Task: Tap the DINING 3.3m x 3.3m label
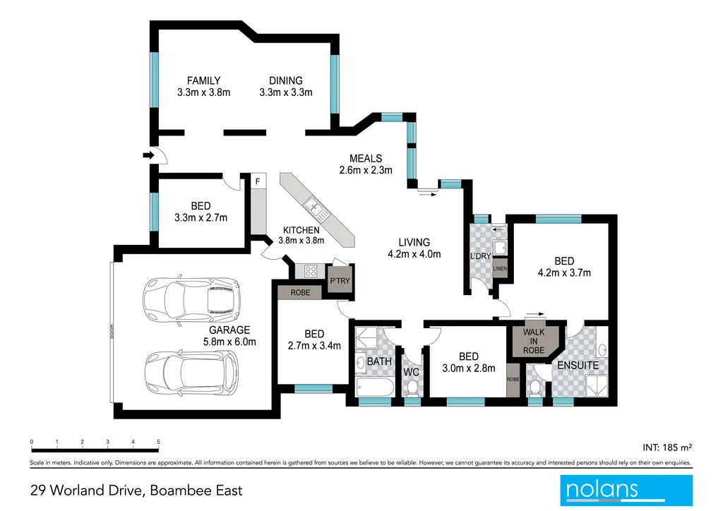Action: tap(285, 86)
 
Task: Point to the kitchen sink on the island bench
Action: tap(313, 208)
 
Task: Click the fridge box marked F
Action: tap(258, 181)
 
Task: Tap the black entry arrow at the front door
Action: tap(148, 155)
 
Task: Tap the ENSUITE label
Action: tap(578, 366)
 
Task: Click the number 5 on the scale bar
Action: tap(158, 442)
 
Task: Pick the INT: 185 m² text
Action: tap(667, 447)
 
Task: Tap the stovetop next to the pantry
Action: tap(310, 270)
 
